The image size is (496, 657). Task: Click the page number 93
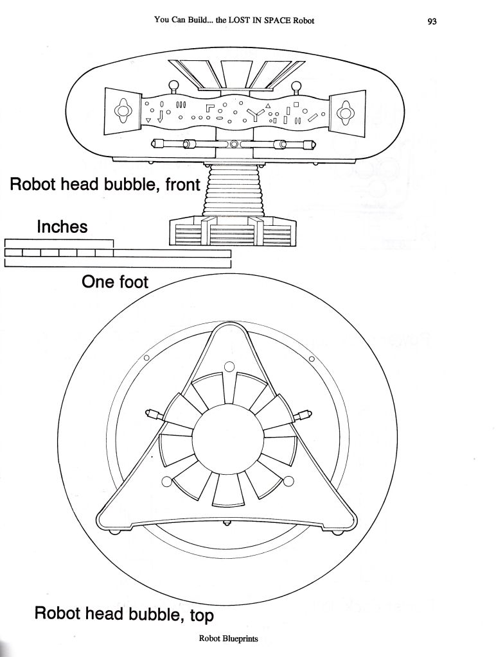432,21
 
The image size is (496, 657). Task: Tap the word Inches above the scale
62,226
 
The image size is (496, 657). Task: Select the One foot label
114,282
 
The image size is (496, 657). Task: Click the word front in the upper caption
182,184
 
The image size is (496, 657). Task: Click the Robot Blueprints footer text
228,638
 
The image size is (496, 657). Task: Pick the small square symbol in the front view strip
296,104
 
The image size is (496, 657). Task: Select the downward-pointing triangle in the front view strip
148,121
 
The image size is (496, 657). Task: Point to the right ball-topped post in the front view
296,87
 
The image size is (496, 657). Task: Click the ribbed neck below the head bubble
233,190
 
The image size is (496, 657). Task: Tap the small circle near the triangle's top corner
229,367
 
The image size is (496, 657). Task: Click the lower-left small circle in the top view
166,482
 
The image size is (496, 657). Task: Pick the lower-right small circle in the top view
289,482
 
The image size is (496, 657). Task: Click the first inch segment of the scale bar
13,253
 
